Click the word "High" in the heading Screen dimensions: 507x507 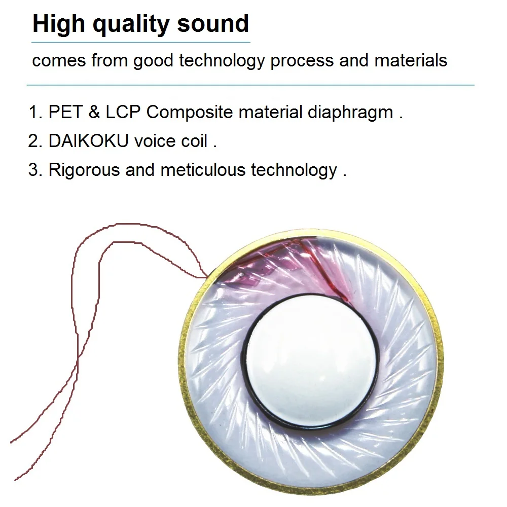pos(58,24)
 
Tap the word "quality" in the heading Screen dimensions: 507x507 pos(131,24)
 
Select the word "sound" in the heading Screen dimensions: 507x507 pos(213,24)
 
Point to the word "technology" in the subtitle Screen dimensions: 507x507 pos(222,61)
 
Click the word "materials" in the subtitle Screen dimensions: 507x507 pos(411,60)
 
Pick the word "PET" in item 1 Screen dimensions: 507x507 pos(65,112)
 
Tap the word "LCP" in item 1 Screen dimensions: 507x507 pos(123,112)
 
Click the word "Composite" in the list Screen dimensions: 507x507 pos(190,113)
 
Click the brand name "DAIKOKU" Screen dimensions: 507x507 pos(88,140)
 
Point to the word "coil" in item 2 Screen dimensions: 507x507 pos(194,140)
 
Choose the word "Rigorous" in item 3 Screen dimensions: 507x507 pos(84,170)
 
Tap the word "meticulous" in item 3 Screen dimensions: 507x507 pos(203,170)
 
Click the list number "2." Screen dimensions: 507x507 pos(35,141)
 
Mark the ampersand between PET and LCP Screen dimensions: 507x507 pos(94,112)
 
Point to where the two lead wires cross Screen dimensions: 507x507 pos(78,357)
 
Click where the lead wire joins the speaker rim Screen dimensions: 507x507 pos(207,277)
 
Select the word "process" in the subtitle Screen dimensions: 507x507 pos(302,61)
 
